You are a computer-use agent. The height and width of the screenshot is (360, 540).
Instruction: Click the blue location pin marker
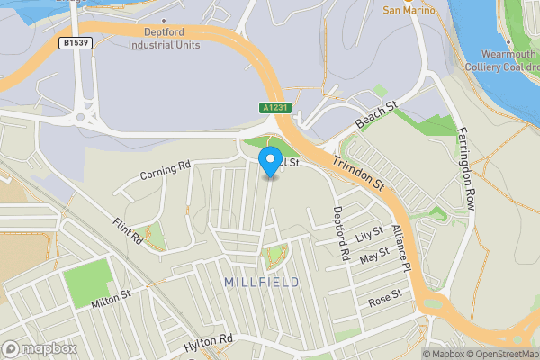click(269, 162)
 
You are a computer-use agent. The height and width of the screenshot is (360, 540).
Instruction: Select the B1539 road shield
click(76, 42)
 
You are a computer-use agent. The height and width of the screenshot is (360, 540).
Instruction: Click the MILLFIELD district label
click(261, 283)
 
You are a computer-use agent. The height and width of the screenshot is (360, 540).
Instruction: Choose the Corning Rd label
click(166, 169)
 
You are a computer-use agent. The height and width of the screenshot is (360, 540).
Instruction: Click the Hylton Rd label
click(208, 343)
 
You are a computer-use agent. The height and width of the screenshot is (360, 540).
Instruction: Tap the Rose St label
click(384, 297)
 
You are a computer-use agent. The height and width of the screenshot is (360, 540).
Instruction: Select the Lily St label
click(369, 236)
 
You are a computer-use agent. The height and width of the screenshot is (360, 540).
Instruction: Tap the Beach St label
click(375, 114)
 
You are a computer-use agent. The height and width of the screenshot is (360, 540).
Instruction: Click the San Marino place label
click(410, 11)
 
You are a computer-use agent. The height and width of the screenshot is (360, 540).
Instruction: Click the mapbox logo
click(40, 348)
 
